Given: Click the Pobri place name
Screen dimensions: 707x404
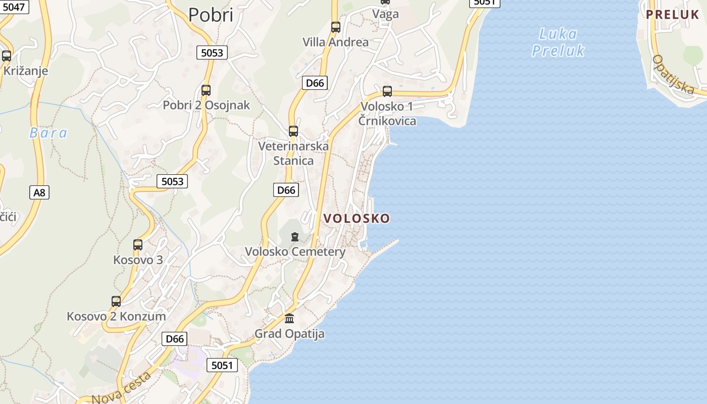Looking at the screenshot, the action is [x=211, y=15].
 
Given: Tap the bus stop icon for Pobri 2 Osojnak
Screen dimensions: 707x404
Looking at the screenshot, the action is [x=206, y=90].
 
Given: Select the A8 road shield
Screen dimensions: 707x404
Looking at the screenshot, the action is [x=39, y=192].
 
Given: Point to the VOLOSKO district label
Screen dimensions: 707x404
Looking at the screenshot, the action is [x=357, y=218].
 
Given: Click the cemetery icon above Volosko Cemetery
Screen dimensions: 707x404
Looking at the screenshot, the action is [x=295, y=236].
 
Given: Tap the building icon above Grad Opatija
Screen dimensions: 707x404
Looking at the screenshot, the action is [x=289, y=318].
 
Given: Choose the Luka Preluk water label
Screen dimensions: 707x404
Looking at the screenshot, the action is [x=558, y=42].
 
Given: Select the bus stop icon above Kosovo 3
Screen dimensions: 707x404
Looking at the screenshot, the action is [x=138, y=245].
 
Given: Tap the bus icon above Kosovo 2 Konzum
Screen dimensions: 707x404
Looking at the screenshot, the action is [x=116, y=301].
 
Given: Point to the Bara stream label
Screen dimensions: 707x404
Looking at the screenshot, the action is [x=48, y=133].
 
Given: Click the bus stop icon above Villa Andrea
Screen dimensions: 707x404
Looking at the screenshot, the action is [x=336, y=27].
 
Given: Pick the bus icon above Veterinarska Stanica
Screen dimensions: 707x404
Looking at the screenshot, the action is [x=293, y=131].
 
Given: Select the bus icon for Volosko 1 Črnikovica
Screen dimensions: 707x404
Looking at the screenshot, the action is [x=387, y=91].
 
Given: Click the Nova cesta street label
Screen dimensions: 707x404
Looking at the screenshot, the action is [x=122, y=388].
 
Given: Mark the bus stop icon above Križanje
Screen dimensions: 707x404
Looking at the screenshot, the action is [x=7, y=56].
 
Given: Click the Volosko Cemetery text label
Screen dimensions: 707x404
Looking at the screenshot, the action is [x=295, y=251].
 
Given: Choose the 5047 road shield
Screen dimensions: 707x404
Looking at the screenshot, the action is [x=13, y=7].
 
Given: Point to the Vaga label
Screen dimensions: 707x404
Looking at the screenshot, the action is [x=385, y=14].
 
